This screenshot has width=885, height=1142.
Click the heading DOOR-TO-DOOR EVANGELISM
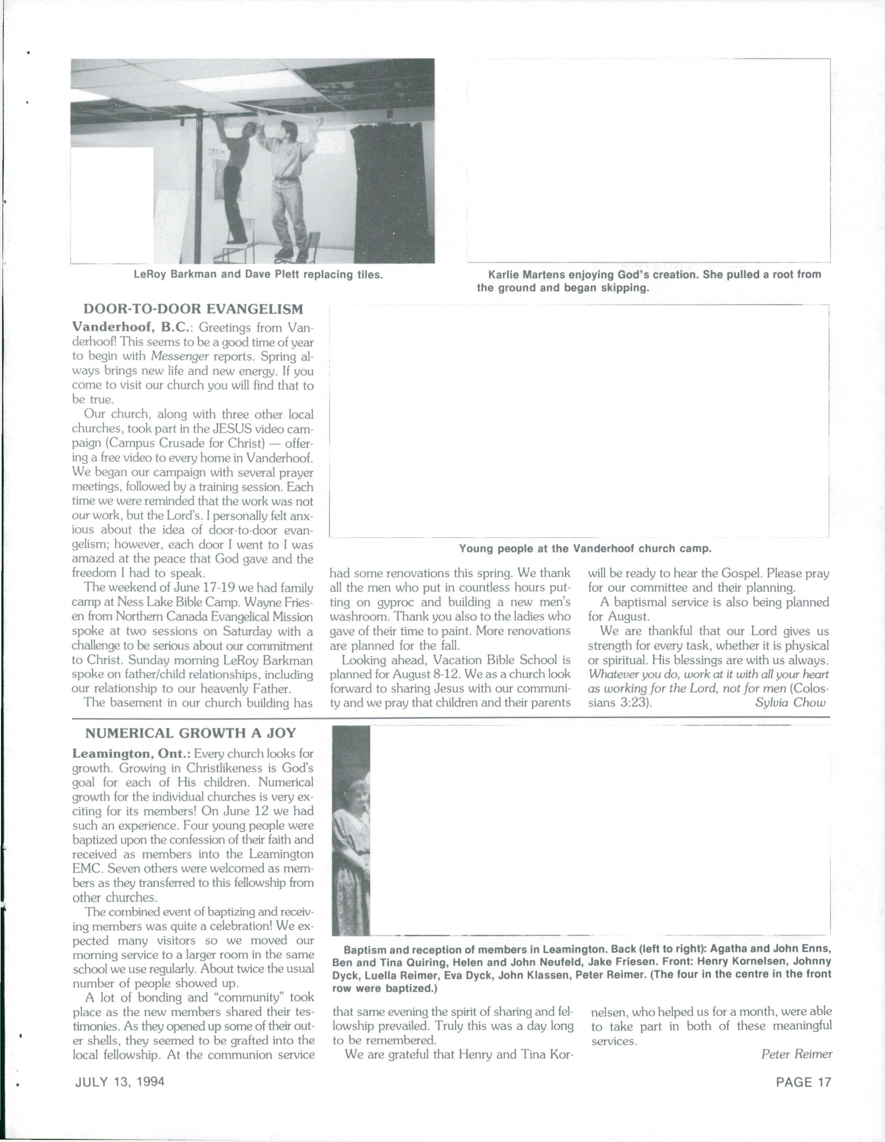(x=193, y=309)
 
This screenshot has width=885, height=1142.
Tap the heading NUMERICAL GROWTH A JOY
(x=190, y=733)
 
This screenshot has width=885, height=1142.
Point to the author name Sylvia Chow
(x=791, y=702)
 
